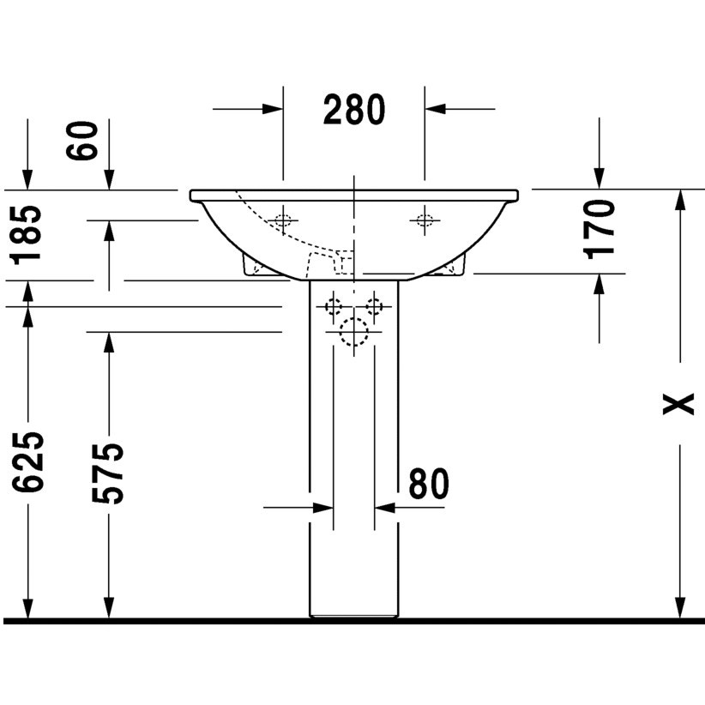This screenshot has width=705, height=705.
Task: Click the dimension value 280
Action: pos(354,110)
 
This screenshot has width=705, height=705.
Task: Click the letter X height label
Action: pos(679,403)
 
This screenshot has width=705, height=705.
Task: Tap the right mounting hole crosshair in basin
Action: pos(423,220)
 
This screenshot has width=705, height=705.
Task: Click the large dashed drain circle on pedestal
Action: pos(353,331)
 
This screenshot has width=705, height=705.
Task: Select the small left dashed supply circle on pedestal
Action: pos(334,306)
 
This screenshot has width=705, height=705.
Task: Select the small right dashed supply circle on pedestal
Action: pos(374,306)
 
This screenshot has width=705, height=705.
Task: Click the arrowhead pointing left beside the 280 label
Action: pos(435,109)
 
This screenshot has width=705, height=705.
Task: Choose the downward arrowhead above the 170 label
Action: pos(598,179)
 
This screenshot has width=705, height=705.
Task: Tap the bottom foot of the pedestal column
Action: pos(353,612)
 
